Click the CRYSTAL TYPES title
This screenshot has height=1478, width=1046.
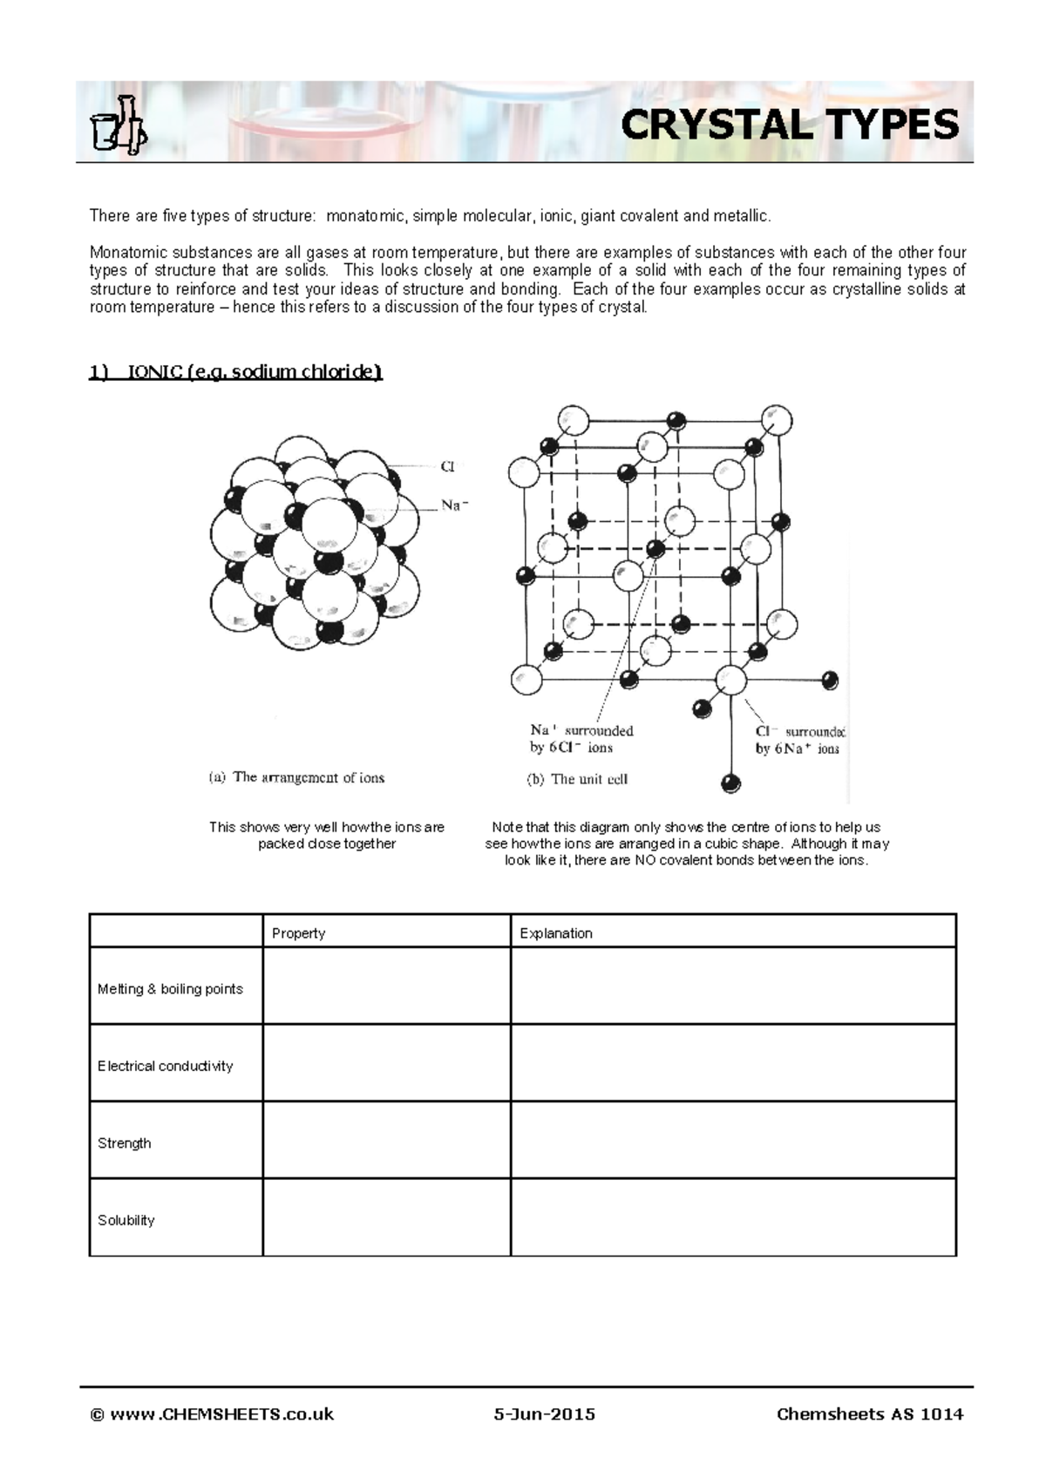(789, 125)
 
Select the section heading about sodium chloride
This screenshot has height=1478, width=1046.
(235, 372)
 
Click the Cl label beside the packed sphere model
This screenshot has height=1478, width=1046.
(447, 467)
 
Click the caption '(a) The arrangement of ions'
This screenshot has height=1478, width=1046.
(296, 777)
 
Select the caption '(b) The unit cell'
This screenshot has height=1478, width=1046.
(577, 779)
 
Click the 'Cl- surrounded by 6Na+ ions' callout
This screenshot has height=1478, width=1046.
(799, 740)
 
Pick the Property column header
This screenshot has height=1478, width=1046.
(298, 933)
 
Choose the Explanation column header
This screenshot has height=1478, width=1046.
(556, 933)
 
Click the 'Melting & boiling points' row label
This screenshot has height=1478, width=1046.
(170, 989)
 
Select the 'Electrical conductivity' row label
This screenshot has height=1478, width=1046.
(166, 1066)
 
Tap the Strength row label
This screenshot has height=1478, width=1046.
(125, 1143)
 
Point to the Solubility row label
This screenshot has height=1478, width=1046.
(126, 1220)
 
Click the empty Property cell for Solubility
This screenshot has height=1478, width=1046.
(385, 1218)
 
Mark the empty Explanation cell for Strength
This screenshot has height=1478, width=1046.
(732, 1141)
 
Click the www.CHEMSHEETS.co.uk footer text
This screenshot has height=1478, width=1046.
(212, 1414)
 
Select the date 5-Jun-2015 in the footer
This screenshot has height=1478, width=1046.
(545, 1414)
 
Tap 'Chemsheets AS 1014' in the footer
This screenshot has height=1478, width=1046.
(869, 1414)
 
